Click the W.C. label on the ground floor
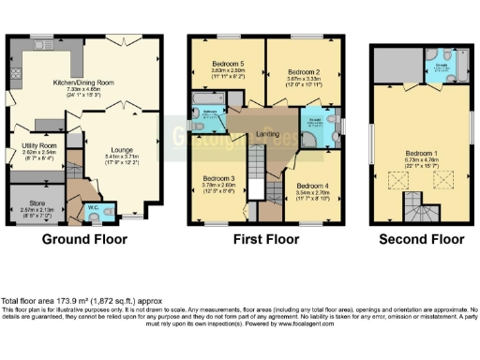click(92, 206)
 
